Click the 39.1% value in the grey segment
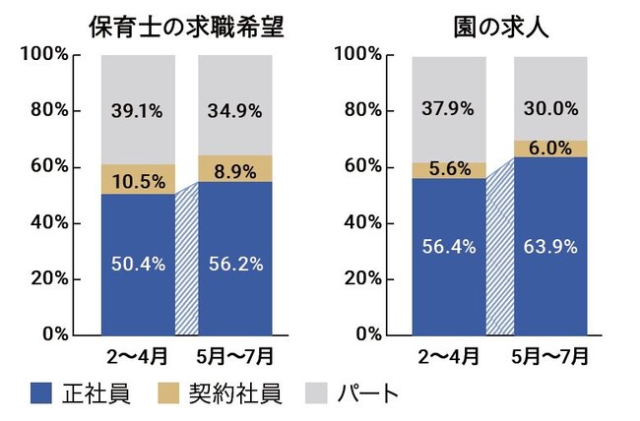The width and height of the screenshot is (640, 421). pyautogui.click(x=138, y=111)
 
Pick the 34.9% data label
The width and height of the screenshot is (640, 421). pyautogui.click(x=235, y=111)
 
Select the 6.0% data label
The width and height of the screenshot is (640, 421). pyautogui.click(x=549, y=148)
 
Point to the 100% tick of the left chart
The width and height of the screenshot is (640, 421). pyautogui.click(x=44, y=55)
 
